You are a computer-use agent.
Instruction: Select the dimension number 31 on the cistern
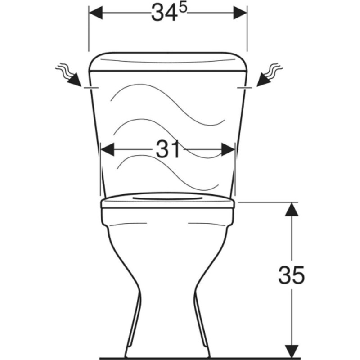167,150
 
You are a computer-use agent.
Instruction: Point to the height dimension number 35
291,275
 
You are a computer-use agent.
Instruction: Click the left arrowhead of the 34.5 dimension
96,13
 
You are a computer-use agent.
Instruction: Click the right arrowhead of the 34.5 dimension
240,13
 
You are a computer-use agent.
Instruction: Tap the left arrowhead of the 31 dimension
108,149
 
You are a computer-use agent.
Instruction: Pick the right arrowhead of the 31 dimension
228,149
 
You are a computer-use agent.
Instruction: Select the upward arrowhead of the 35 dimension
292,209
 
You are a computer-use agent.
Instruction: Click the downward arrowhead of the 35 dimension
292,351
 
